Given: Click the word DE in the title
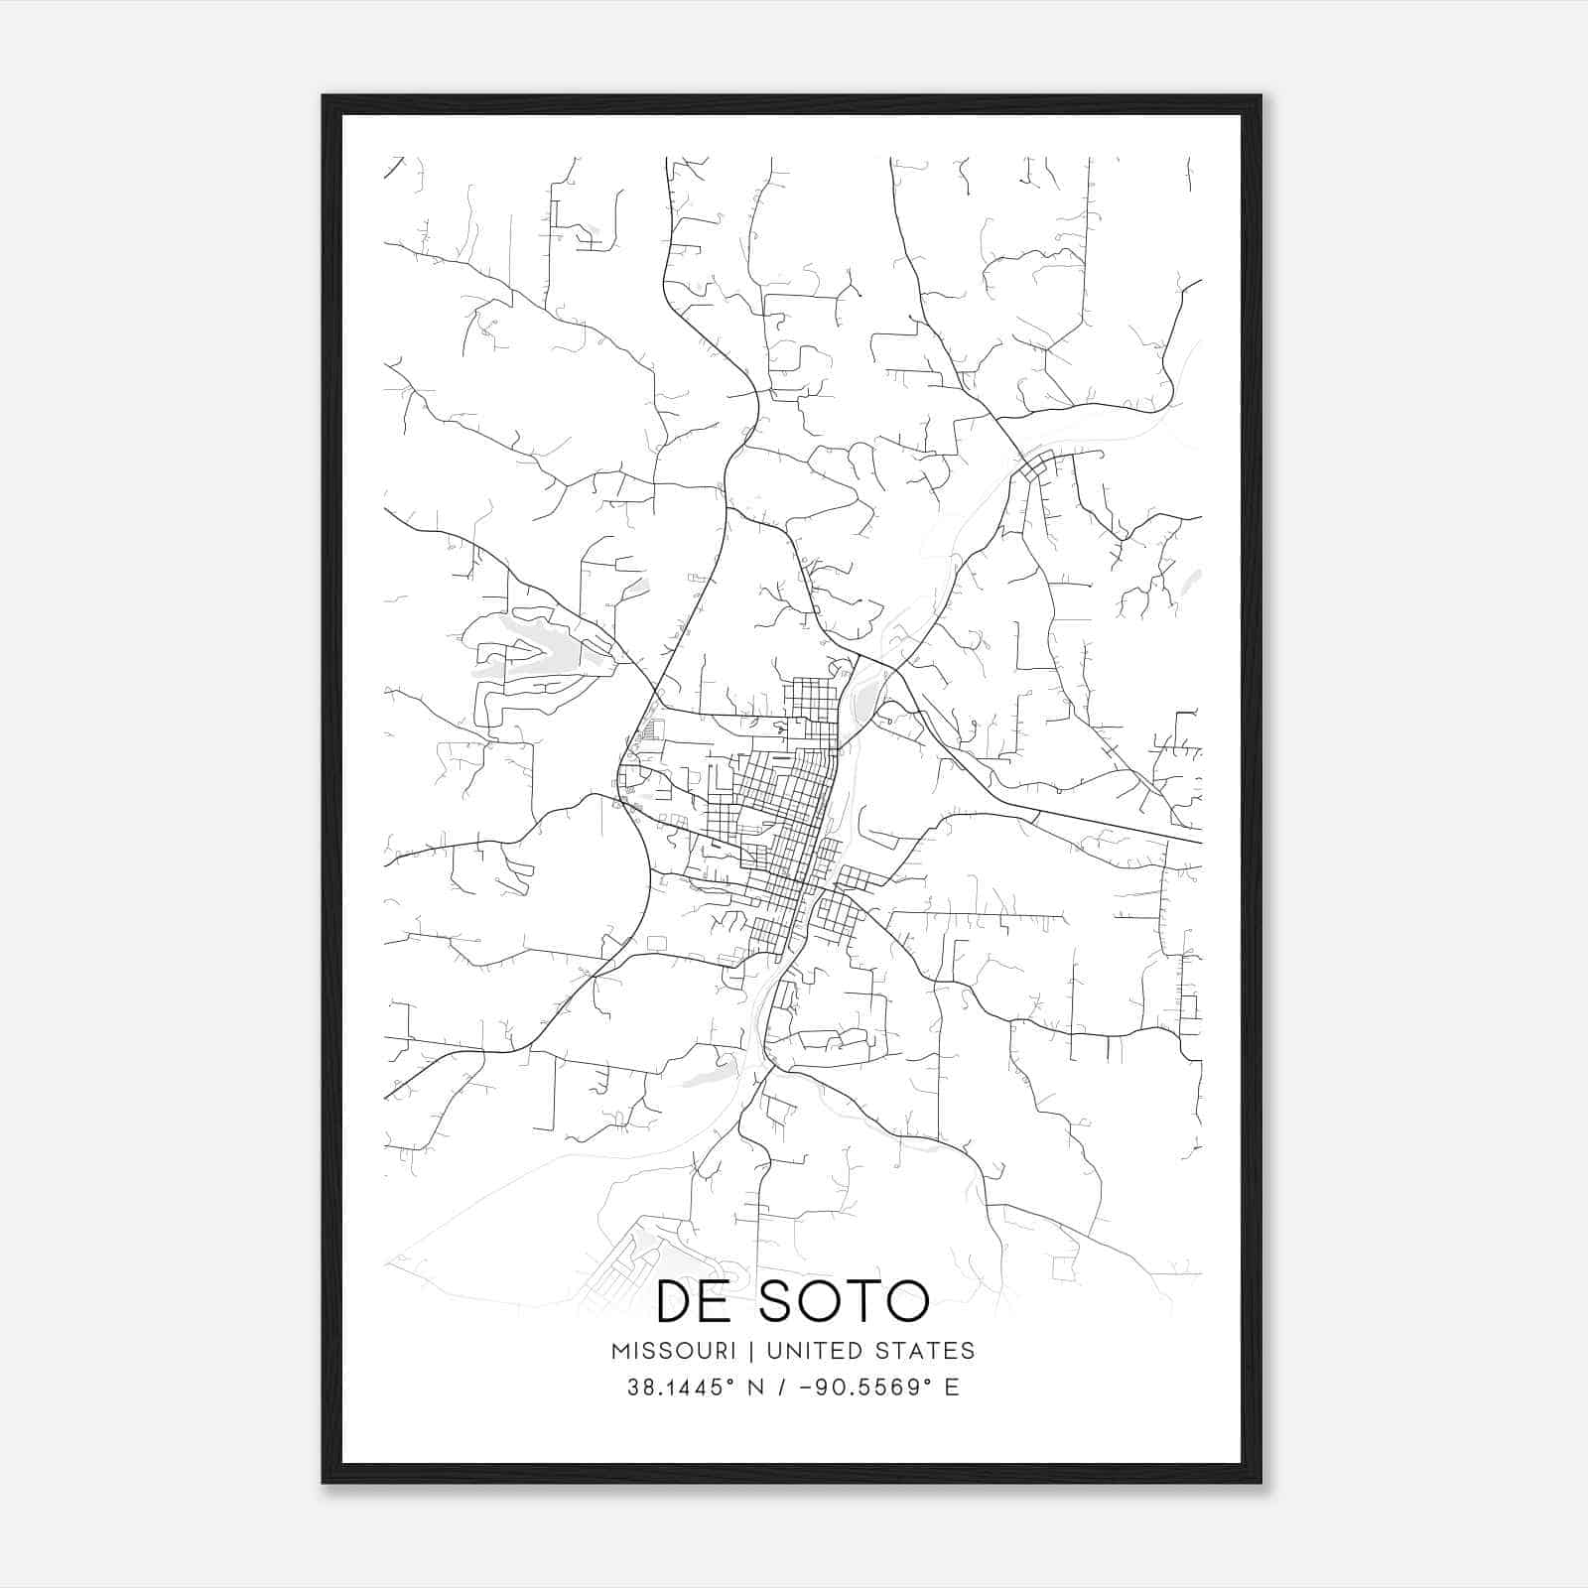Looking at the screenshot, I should point(696,1301).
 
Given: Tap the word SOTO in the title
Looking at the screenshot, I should point(845,1301).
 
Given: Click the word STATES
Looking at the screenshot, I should point(927,1351).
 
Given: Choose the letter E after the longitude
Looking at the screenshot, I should point(952,1388).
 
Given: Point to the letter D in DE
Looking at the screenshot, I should point(676,1301).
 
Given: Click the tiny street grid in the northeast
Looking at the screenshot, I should point(1037,466).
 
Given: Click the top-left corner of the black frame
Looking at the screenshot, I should point(324,96).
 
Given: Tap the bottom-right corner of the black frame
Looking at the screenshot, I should point(1260,1482).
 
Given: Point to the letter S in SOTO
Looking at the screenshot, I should point(779,1301).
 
